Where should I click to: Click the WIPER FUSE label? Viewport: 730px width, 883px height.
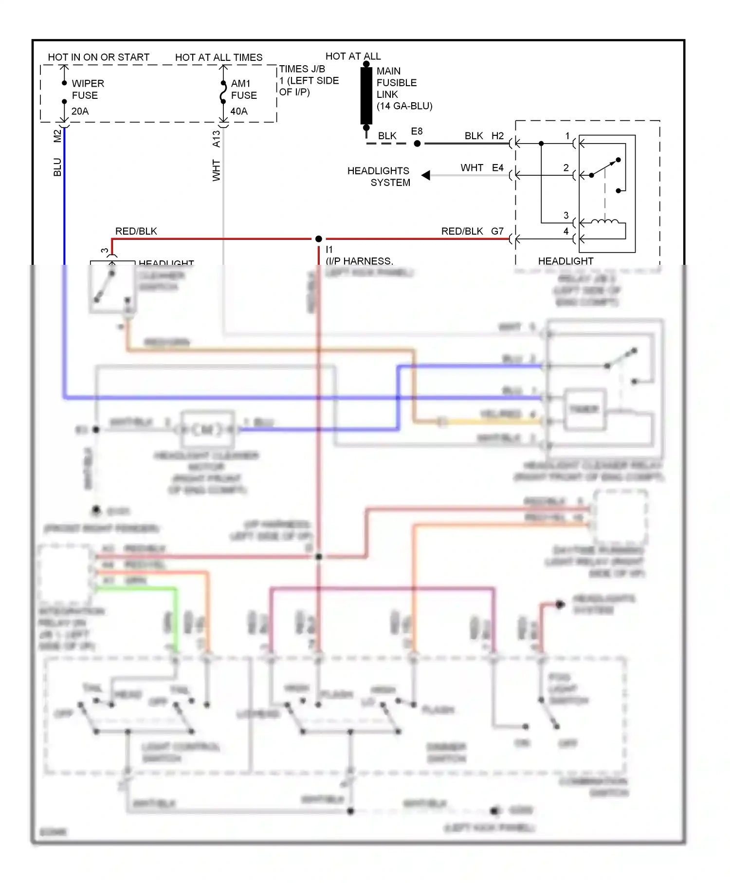pyautogui.click(x=88, y=89)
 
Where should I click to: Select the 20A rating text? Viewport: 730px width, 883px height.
pyautogui.click(x=80, y=111)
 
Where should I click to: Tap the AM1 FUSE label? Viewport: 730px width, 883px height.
pyautogui.click(x=243, y=89)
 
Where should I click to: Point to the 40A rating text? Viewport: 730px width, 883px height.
pyautogui.click(x=239, y=111)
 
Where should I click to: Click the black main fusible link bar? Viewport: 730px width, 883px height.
pyautogui.click(x=366, y=96)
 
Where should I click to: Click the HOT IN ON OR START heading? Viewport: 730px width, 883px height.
pyautogui.click(x=98, y=57)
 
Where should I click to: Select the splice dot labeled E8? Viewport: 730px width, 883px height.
pyautogui.click(x=417, y=144)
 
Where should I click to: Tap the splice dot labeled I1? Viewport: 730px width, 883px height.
pyautogui.click(x=318, y=239)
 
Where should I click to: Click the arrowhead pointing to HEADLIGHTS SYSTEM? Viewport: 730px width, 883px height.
pyautogui.click(x=426, y=175)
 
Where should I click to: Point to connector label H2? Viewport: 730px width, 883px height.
pyautogui.click(x=497, y=136)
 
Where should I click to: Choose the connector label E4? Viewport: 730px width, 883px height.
pyautogui.click(x=497, y=168)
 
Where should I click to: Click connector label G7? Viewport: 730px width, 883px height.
pyautogui.click(x=497, y=231)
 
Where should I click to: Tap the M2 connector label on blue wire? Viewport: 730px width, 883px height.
pyautogui.click(x=57, y=136)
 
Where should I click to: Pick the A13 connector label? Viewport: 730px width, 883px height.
pyautogui.click(x=216, y=139)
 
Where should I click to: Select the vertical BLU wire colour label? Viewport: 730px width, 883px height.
pyautogui.click(x=57, y=167)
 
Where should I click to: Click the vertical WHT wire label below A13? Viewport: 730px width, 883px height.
pyautogui.click(x=216, y=170)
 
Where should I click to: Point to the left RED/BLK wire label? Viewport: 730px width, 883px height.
pyautogui.click(x=136, y=231)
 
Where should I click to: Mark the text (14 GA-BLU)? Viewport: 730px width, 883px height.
pyautogui.click(x=404, y=106)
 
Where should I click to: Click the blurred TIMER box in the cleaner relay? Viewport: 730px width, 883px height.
pyautogui.click(x=584, y=409)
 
